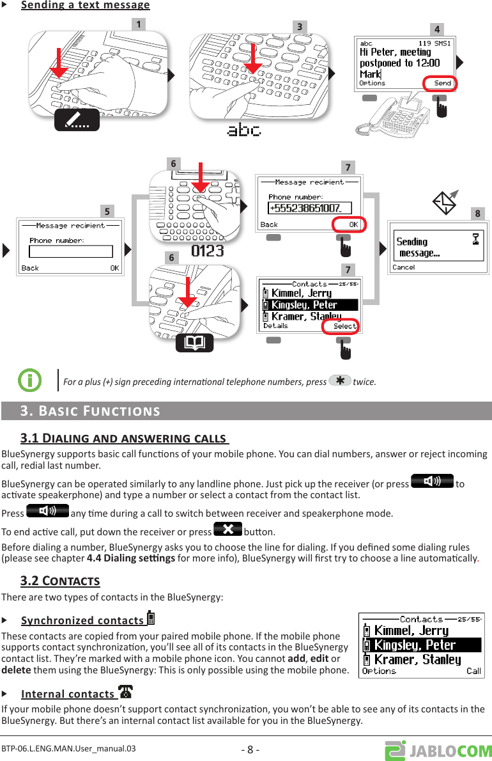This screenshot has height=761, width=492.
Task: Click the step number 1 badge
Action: (137, 24)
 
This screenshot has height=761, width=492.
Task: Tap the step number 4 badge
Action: (437, 29)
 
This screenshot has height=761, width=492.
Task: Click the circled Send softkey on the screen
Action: (440, 83)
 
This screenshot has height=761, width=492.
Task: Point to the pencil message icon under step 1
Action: (77, 120)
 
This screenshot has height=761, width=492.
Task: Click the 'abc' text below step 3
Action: (245, 130)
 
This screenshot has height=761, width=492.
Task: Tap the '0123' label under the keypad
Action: (208, 250)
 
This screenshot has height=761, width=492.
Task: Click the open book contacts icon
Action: (194, 343)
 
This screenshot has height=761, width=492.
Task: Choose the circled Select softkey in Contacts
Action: (342, 326)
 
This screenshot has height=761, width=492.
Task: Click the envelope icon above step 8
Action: (446, 201)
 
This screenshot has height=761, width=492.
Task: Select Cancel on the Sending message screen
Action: (404, 267)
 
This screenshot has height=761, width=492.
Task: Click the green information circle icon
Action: (29, 380)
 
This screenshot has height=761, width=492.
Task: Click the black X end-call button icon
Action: (227, 530)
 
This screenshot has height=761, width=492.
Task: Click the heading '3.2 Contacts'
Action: (60, 581)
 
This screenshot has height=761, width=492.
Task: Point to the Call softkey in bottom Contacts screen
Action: (473, 671)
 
